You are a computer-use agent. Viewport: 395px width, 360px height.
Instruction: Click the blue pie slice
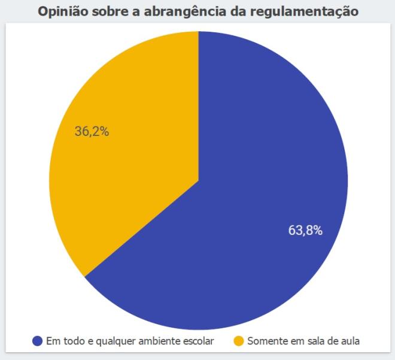(257, 198)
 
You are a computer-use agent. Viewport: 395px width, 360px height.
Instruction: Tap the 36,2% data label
(92, 132)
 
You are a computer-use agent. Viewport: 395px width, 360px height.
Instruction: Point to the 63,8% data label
(305, 230)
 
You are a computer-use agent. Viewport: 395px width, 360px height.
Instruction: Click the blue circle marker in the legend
(38, 341)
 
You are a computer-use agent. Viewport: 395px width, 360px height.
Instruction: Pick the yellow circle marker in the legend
(239, 341)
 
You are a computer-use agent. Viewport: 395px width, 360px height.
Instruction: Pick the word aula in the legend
(349, 341)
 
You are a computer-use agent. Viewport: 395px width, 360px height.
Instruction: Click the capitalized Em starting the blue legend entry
(51, 341)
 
